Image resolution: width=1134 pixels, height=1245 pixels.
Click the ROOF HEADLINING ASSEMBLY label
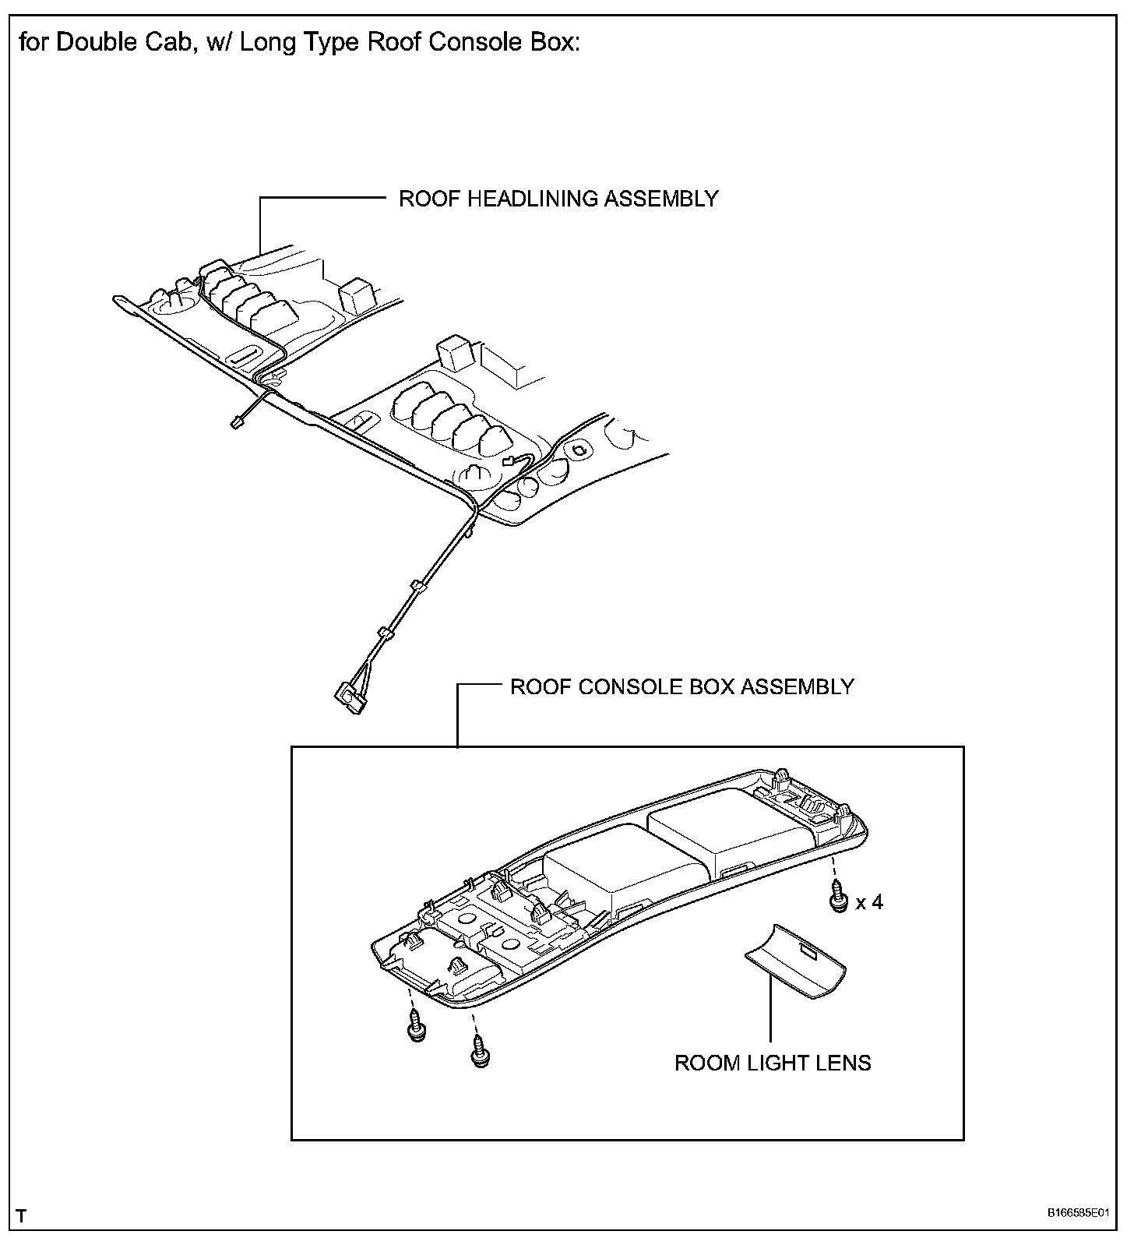(558, 199)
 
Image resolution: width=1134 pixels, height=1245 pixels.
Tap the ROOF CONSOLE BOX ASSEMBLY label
(681, 686)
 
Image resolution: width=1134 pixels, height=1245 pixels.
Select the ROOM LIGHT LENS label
(773, 1063)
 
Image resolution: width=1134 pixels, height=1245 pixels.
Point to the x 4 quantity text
(869, 902)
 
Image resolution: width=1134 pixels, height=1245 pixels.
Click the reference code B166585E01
(1078, 1213)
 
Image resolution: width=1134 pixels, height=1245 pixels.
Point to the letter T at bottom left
(21, 1215)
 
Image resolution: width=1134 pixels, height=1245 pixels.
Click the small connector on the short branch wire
(236, 423)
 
